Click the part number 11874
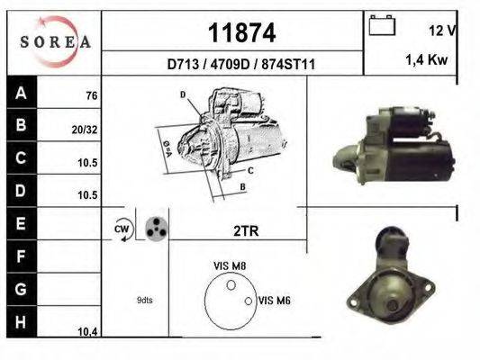coord(240,33)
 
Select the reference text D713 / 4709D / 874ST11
coord(240,65)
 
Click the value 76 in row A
coord(91,96)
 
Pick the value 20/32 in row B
coord(85,129)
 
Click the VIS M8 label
coord(231,265)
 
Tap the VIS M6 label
coord(273,301)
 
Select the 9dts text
coord(145,301)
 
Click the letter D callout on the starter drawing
coord(183,94)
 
